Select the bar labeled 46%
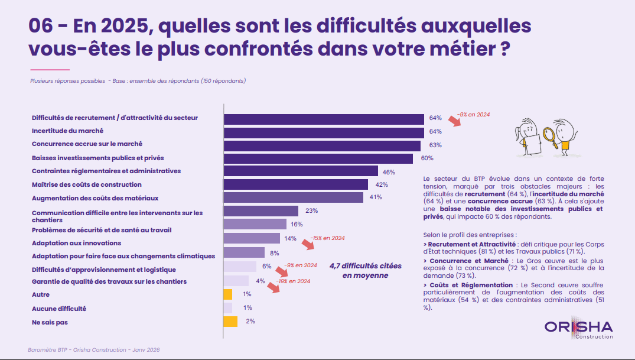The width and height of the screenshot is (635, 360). pyautogui.click(x=301, y=171)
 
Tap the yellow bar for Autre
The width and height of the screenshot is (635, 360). pyautogui.click(x=227, y=294)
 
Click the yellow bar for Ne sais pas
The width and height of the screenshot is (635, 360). pyautogui.click(x=230, y=322)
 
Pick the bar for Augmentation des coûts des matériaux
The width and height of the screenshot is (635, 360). pyautogui.click(x=293, y=197)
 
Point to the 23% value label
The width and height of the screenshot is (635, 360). pyautogui.click(x=312, y=210)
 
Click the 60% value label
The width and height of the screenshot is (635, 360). pyautogui.click(x=426, y=158)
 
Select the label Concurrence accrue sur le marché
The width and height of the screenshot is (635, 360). pyautogui.click(x=87, y=144)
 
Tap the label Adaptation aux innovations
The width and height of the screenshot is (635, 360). pyautogui.click(x=76, y=243)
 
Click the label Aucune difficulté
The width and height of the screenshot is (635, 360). pyautogui.click(x=59, y=309)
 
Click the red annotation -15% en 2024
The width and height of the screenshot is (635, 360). pyautogui.click(x=327, y=238)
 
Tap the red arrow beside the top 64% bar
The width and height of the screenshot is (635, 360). pyautogui.click(x=454, y=121)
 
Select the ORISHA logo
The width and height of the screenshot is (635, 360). pyautogui.click(x=578, y=329)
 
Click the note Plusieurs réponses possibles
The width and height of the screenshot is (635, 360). pyautogui.click(x=67, y=80)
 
